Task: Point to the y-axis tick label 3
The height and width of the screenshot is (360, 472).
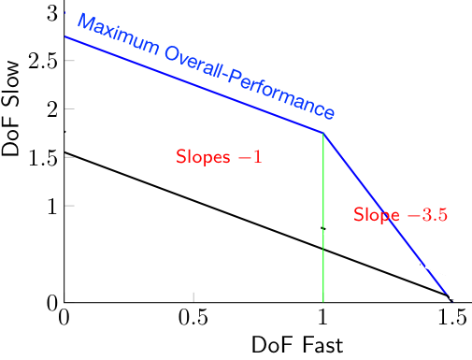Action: coord(52,13)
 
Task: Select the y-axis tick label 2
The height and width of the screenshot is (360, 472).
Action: coord(52,109)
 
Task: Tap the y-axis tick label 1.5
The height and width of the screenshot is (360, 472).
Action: coord(36,157)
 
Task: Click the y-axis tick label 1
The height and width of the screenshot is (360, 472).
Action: coord(52,206)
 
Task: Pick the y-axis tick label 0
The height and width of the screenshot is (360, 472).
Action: coord(52,301)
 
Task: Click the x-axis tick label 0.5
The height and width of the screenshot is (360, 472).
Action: coord(193,318)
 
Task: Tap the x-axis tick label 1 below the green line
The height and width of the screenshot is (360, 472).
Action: coord(323,318)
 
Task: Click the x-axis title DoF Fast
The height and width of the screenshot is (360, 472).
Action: coord(297,344)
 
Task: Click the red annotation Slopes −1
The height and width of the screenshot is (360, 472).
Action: coord(218,157)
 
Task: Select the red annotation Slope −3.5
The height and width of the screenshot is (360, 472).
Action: coord(400,215)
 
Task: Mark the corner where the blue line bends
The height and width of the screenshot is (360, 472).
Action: coord(323,133)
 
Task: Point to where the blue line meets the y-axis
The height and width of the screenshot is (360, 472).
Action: coord(64,36)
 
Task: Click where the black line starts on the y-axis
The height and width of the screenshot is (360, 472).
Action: coord(64,151)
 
